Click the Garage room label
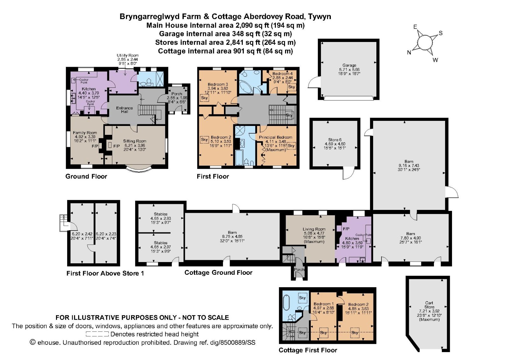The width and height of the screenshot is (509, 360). click(349, 65)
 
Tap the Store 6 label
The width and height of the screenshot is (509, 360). click(335, 140)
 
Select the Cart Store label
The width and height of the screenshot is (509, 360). click(429, 305)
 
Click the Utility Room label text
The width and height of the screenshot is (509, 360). click(128, 55)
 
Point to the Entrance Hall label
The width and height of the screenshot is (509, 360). click(124, 110)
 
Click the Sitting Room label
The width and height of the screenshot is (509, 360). click(135, 141)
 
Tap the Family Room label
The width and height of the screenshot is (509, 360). click(85, 133)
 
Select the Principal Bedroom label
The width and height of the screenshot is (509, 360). click(275, 137)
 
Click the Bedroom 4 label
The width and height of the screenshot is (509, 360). click(282, 73)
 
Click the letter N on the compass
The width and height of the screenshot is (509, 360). click(409, 52)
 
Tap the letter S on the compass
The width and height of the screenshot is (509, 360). click(441, 33)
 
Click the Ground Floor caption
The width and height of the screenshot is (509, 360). click(86, 177)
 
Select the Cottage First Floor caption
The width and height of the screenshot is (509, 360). click(308, 350)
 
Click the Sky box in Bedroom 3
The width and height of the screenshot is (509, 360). click(204, 98)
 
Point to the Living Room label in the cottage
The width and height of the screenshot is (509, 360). click(314, 229)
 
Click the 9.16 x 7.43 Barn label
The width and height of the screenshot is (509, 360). click(409, 162)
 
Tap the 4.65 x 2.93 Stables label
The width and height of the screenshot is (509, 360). click(160, 214)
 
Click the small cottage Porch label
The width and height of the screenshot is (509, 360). click(299, 270)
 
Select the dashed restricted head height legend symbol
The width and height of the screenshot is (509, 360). click(97, 334)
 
